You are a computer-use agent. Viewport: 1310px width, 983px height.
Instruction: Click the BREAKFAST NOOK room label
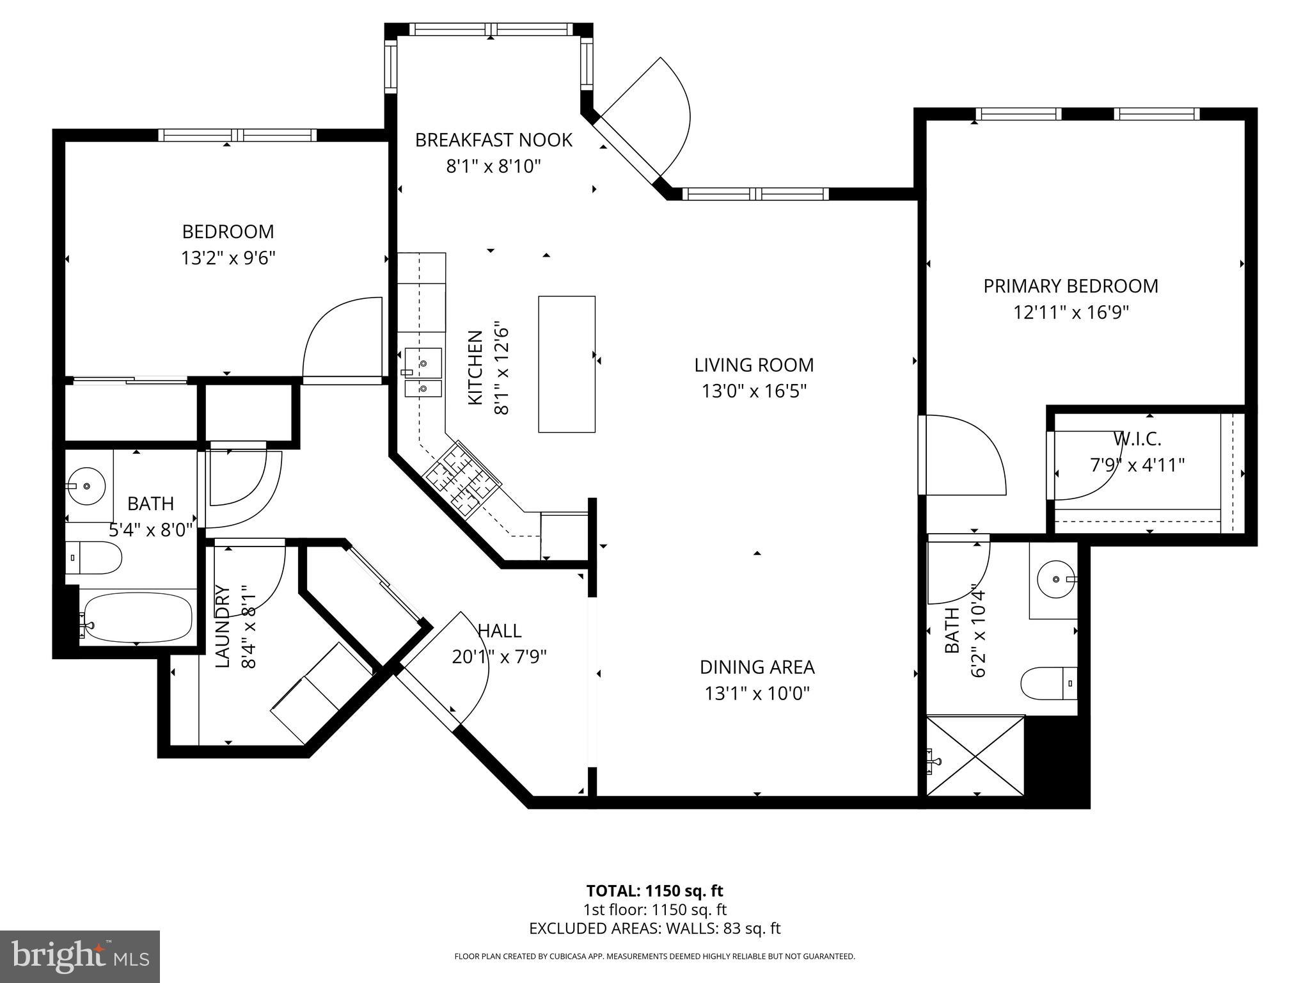pyautogui.click(x=493, y=140)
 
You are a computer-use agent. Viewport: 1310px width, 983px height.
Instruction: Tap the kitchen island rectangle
pyautogui.click(x=567, y=364)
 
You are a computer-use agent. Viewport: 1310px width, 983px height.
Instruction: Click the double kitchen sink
pyautogui.click(x=423, y=373)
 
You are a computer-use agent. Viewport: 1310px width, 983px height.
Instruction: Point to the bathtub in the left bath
pyautogui.click(x=138, y=618)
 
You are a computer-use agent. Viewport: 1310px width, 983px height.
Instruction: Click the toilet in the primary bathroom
pyautogui.click(x=1049, y=683)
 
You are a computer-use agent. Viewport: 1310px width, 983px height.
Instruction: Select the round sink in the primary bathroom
pyautogui.click(x=1054, y=579)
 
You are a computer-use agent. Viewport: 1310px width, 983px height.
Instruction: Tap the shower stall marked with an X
pyautogui.click(x=975, y=756)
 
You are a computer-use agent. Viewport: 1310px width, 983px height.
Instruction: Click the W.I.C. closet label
pyautogui.click(x=1137, y=439)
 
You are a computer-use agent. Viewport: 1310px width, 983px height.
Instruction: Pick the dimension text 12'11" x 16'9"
pyautogui.click(x=1071, y=313)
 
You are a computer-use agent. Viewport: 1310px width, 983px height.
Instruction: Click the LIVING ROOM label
pyautogui.click(x=754, y=365)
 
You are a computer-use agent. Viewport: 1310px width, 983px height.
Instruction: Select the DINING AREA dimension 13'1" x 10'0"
pyautogui.click(x=757, y=694)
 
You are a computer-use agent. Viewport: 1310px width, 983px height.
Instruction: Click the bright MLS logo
pyautogui.click(x=80, y=957)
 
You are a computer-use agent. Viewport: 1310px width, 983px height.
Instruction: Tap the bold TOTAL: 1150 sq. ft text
pyautogui.click(x=654, y=891)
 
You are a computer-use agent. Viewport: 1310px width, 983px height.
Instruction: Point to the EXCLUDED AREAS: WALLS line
pyautogui.click(x=654, y=929)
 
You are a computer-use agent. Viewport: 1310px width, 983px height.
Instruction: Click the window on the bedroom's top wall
pyautogui.click(x=237, y=135)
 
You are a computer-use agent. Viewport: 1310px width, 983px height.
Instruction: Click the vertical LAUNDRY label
pyautogui.click(x=222, y=627)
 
